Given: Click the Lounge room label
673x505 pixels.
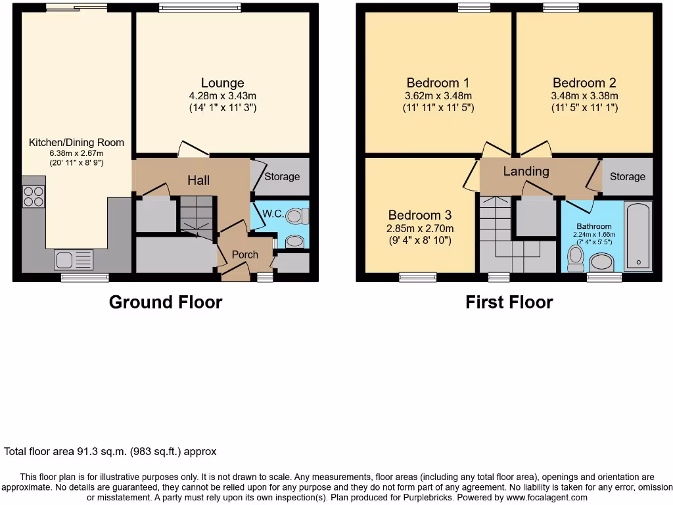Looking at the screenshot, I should (x=222, y=83).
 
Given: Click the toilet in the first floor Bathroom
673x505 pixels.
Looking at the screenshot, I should (x=576, y=258).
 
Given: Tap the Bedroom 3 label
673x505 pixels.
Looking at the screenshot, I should (x=419, y=215).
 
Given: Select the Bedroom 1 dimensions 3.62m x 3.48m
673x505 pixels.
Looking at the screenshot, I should (x=438, y=95).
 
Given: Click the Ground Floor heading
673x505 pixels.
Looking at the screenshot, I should (x=165, y=302).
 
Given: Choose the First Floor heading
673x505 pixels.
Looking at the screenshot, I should (x=509, y=302).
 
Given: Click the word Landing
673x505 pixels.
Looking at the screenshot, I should (x=526, y=171).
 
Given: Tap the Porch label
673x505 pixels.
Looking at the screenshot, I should (x=245, y=254).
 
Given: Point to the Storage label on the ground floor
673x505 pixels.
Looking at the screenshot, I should (x=282, y=176).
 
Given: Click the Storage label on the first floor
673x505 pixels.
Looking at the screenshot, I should (x=627, y=176).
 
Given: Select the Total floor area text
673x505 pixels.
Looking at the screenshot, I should (x=110, y=452).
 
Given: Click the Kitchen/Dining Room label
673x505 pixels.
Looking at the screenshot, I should (x=76, y=142).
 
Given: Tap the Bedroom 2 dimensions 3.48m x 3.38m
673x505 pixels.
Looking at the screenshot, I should (x=584, y=95).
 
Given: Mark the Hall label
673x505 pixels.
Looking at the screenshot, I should (x=198, y=180).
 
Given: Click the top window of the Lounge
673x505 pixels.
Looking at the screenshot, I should (x=200, y=9).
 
